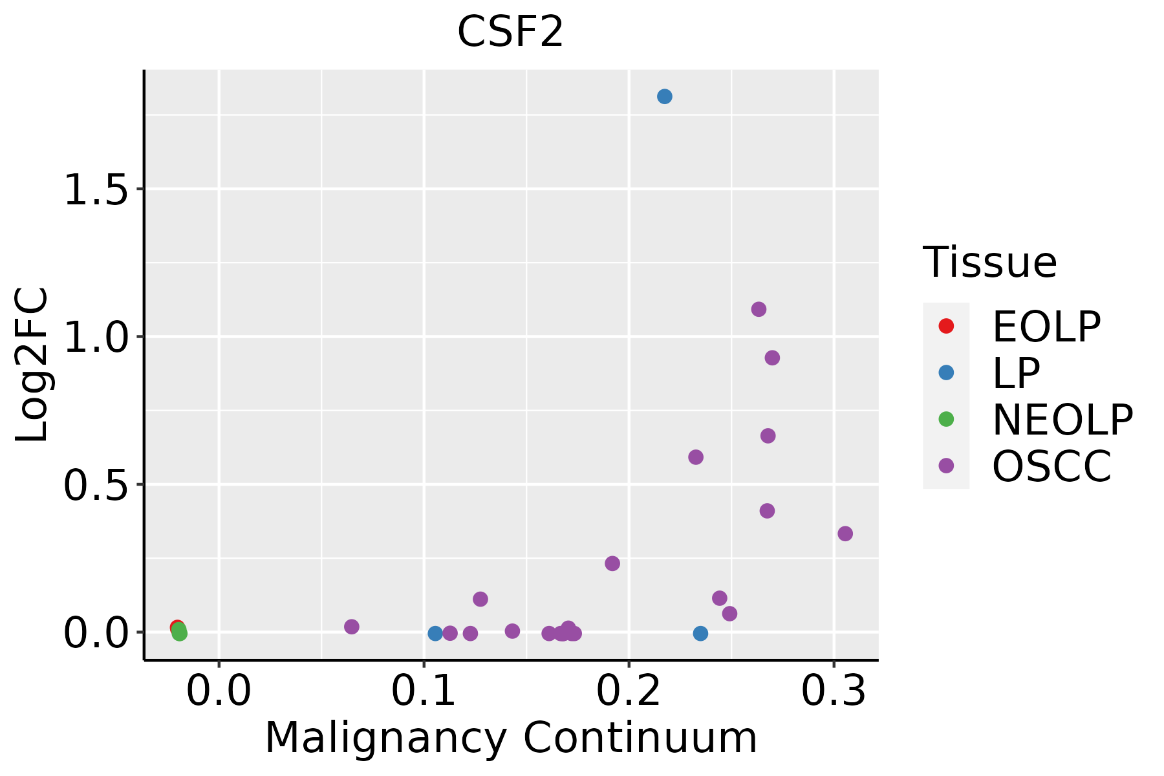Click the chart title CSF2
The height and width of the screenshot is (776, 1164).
[510, 32]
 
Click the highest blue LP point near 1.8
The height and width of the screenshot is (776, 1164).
[664, 96]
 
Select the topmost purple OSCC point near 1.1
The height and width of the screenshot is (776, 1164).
[759, 309]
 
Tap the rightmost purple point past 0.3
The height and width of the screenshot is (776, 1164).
[845, 533]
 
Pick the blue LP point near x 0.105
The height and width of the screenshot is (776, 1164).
[435, 633]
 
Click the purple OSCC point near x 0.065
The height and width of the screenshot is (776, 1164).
[351, 627]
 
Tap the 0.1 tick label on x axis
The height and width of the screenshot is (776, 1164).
[424, 691]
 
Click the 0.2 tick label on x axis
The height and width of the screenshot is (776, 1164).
[629, 691]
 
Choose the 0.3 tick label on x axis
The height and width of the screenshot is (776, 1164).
[834, 691]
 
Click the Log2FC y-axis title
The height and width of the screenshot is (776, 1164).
[32, 365]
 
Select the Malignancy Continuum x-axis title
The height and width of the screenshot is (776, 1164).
[510, 738]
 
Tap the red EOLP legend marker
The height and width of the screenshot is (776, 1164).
[945, 326]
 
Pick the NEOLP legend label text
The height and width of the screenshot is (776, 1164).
[1062, 420]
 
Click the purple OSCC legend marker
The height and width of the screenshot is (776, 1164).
[945, 466]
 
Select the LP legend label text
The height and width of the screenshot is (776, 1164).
[1016, 373]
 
